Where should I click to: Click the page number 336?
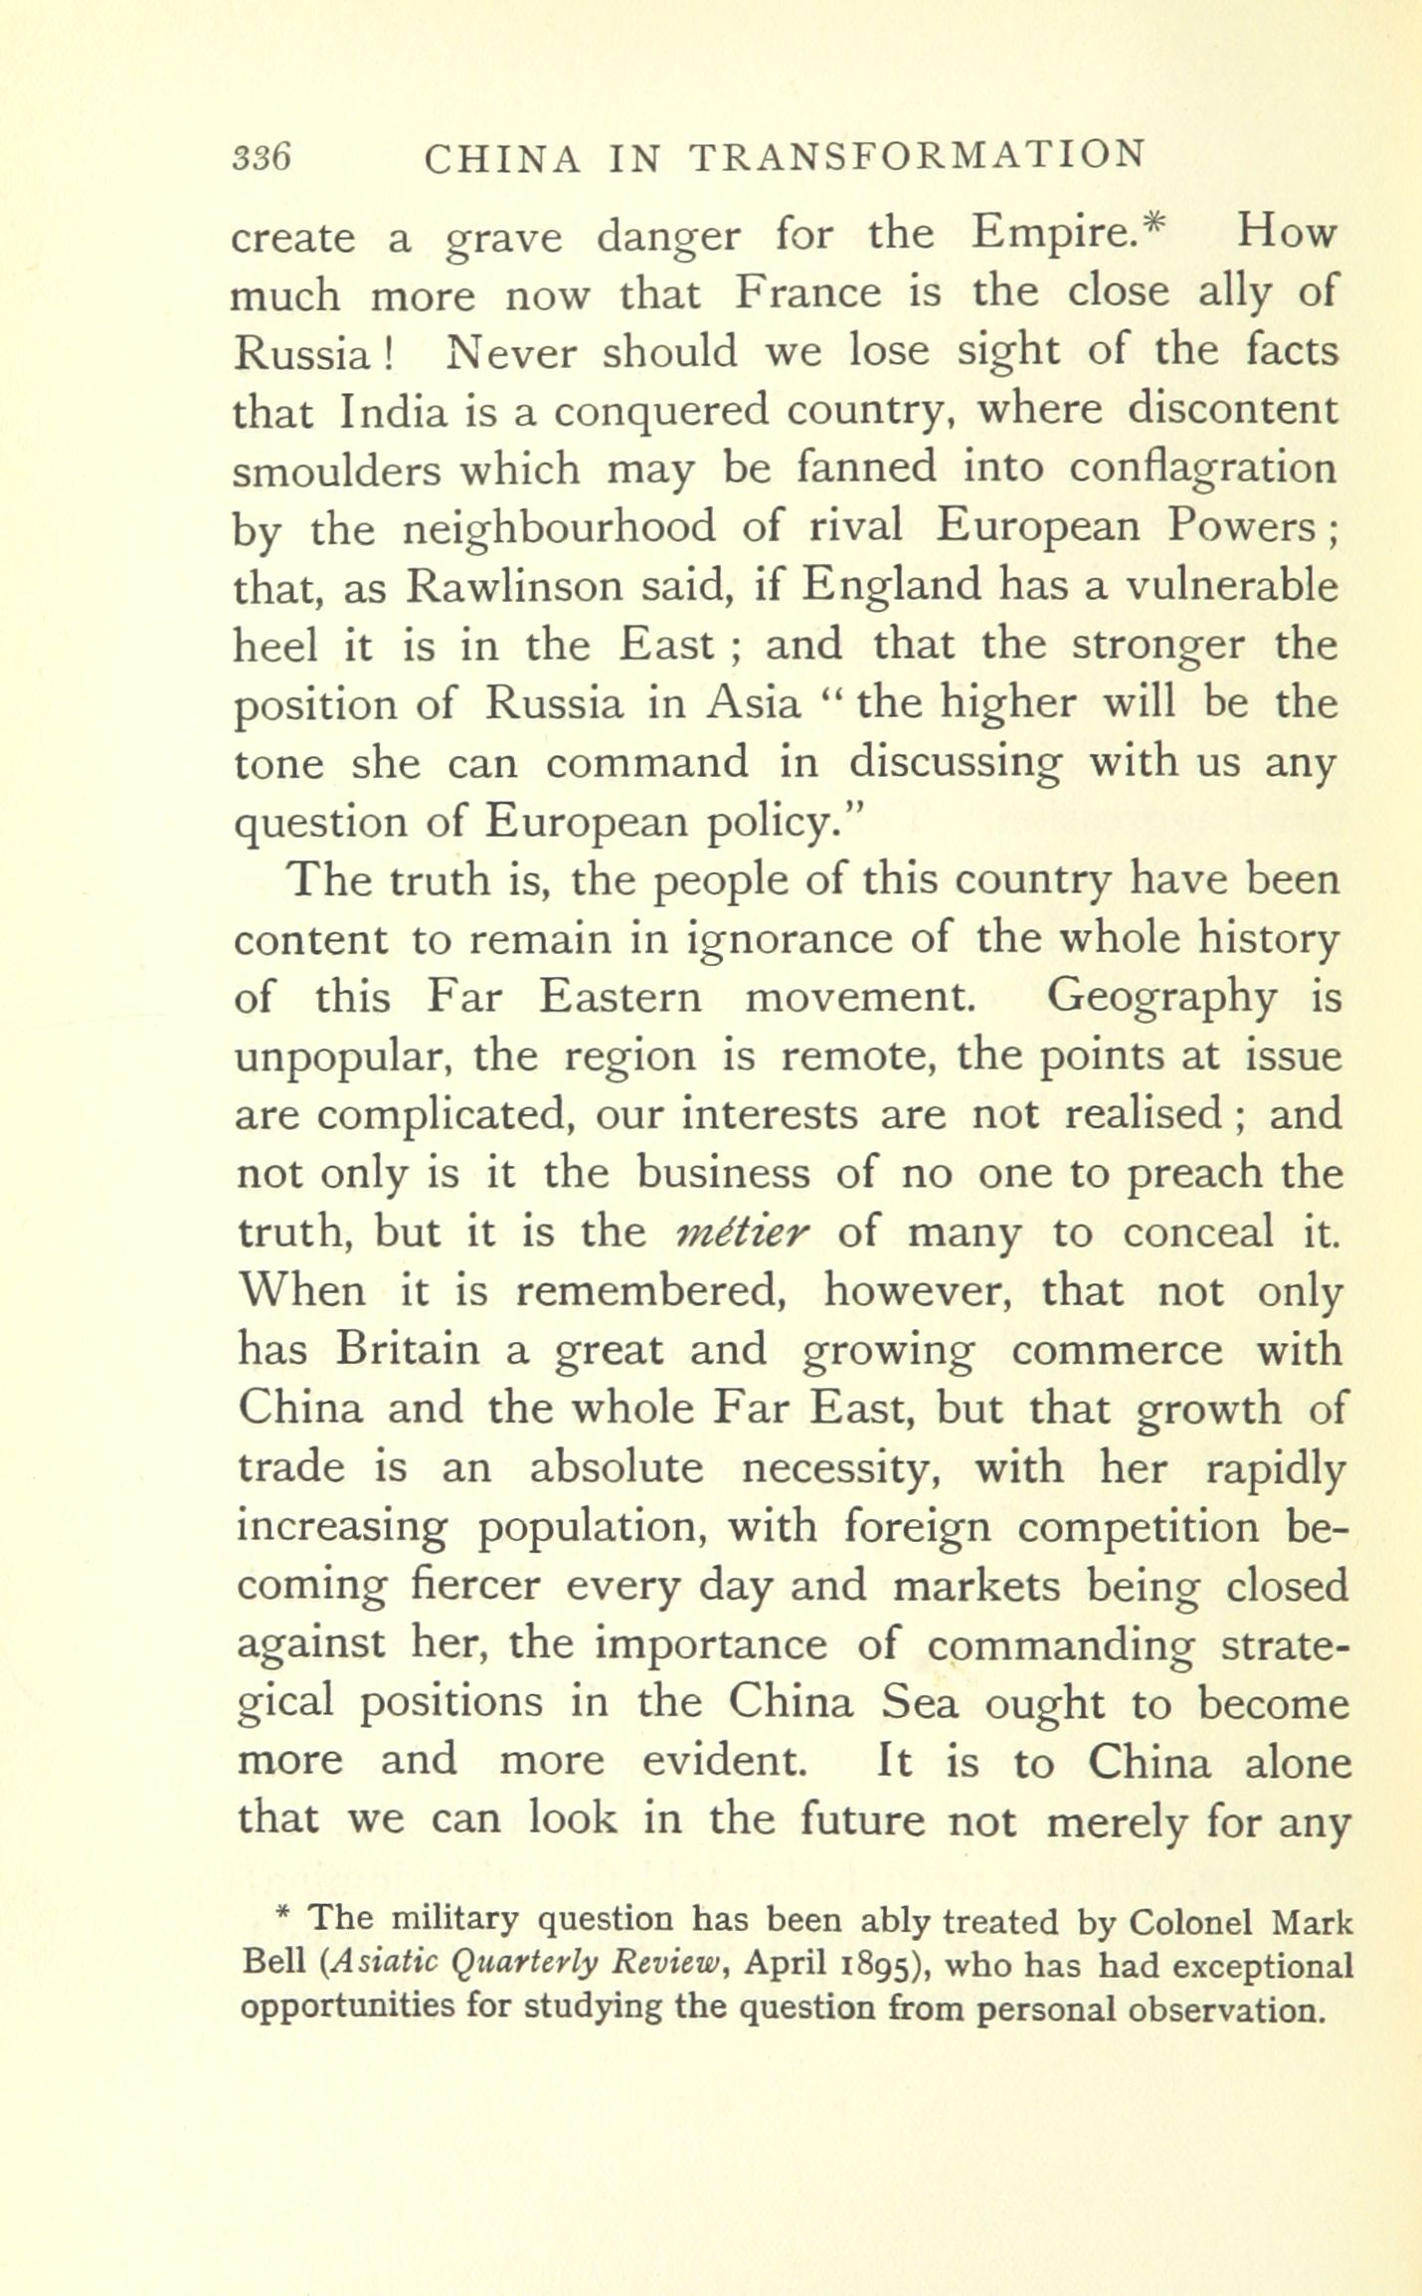(x=261, y=157)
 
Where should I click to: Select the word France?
(x=808, y=293)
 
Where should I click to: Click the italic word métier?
(x=744, y=1233)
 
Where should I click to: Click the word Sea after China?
(x=921, y=1703)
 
